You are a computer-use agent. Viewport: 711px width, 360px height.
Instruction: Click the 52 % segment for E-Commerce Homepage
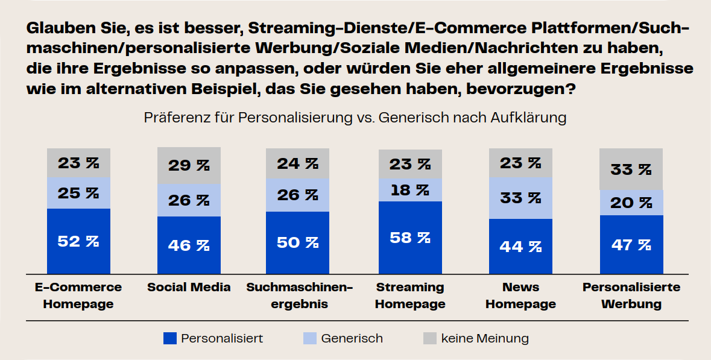[x=78, y=241]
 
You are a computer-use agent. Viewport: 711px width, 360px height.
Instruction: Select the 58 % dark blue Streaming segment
[x=410, y=238]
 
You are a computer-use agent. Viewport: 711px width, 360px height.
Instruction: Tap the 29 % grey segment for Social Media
[x=189, y=165]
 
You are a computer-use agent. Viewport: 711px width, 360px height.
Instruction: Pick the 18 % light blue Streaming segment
[x=410, y=190]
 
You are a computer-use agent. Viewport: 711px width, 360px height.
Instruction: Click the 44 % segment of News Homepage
[x=520, y=246]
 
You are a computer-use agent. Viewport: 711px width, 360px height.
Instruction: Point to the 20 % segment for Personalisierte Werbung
[x=631, y=203]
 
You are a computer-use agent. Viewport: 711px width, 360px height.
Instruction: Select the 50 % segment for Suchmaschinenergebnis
[x=297, y=242]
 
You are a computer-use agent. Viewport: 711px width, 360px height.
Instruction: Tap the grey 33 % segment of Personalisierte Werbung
[x=631, y=169]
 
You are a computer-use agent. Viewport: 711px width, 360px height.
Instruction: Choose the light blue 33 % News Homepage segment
[x=520, y=198]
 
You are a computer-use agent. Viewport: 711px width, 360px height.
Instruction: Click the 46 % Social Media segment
[x=189, y=245]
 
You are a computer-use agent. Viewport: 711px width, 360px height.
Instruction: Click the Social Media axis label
[x=189, y=287]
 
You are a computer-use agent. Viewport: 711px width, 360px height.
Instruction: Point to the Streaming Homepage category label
[x=410, y=295]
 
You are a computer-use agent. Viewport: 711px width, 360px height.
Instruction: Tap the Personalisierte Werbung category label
[x=631, y=295]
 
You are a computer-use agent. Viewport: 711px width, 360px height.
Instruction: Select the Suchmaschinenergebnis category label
[x=299, y=295]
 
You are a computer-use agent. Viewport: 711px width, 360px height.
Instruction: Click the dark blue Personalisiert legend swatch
[x=170, y=338]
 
